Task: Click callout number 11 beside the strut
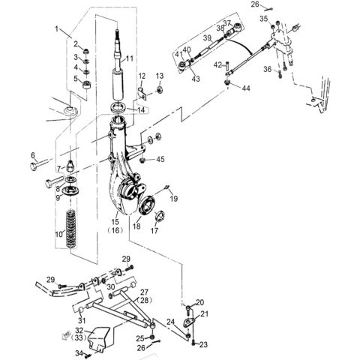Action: click(x=129, y=58)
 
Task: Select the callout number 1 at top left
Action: click(x=55, y=28)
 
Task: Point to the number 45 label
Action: click(x=161, y=159)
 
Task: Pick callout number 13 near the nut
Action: click(x=160, y=77)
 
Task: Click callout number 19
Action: click(x=174, y=198)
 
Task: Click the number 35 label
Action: click(x=263, y=18)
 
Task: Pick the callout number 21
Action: click(x=204, y=313)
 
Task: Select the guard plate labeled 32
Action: click(x=98, y=342)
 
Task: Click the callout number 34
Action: click(x=76, y=352)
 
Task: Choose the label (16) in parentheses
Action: click(x=115, y=232)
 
